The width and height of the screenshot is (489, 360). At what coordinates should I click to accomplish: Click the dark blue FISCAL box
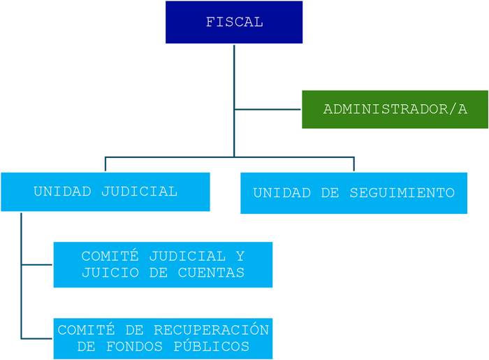(x=234, y=22)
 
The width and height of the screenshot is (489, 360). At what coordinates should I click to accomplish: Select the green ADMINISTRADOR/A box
(x=395, y=110)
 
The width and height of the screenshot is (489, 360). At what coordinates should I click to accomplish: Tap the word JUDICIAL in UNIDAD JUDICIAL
(x=140, y=192)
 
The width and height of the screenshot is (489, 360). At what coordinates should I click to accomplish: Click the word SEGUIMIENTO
(x=402, y=193)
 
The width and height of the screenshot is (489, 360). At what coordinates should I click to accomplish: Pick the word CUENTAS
(x=211, y=273)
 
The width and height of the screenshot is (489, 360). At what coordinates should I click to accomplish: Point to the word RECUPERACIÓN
(x=211, y=330)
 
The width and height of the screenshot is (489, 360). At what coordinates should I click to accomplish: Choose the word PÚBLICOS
(x=212, y=346)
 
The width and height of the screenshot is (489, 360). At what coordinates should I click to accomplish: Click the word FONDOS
(x=134, y=347)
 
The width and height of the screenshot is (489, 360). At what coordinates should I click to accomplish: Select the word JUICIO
(x=110, y=273)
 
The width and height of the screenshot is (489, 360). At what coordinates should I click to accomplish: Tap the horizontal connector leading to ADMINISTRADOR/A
(x=268, y=110)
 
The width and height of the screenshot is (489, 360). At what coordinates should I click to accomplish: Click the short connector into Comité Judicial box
(x=37, y=265)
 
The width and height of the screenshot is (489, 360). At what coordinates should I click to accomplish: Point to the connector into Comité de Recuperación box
(x=37, y=338)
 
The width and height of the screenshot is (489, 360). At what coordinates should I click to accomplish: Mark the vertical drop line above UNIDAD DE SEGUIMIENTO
(x=354, y=164)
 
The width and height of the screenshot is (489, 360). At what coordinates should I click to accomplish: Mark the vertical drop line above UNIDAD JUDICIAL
(x=105, y=164)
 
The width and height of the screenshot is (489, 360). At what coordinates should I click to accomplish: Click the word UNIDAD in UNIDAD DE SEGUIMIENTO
(x=282, y=193)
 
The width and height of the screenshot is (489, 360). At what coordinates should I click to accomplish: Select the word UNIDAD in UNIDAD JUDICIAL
(x=62, y=192)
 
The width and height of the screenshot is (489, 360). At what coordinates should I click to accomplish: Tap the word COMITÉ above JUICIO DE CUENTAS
(x=110, y=256)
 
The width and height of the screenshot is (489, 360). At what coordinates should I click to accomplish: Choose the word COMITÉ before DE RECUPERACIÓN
(x=86, y=330)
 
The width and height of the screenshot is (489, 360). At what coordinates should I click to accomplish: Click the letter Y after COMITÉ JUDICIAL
(x=240, y=257)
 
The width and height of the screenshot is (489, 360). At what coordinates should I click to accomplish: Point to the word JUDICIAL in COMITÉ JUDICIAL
(x=187, y=257)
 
